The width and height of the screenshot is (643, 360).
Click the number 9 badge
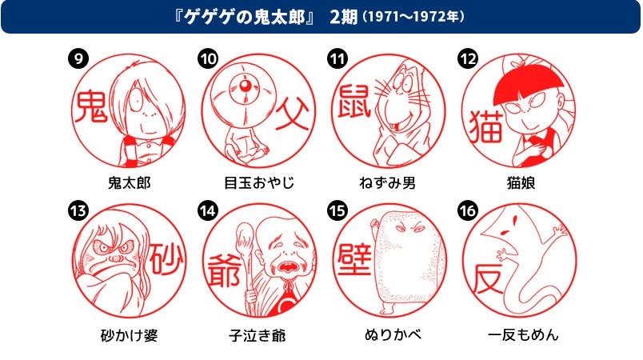tap(78, 58)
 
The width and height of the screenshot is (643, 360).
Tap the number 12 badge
tap(468, 58)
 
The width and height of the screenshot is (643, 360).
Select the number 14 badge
tap(208, 210)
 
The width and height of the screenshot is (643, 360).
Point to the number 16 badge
tap(468, 210)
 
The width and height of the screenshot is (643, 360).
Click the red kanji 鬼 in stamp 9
tap(90, 106)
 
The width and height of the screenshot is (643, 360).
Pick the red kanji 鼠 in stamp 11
tap(354, 101)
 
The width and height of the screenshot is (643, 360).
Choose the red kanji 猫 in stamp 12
tap(486, 126)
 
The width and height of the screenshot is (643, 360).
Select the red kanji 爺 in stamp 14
tap(224, 270)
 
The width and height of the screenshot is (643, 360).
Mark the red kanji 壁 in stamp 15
tap(355, 260)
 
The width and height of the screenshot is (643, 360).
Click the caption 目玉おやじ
tap(259, 182)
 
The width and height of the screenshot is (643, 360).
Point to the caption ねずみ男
tap(388, 182)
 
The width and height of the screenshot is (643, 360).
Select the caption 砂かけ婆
tap(130, 335)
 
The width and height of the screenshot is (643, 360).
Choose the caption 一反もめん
tap(523, 335)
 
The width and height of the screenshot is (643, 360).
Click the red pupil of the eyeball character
tap(246, 86)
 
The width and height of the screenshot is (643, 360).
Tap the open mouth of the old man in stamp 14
tap(288, 268)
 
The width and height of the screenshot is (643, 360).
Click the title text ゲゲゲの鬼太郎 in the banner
tap(245, 18)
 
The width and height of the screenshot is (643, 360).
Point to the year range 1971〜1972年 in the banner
tap(413, 17)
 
